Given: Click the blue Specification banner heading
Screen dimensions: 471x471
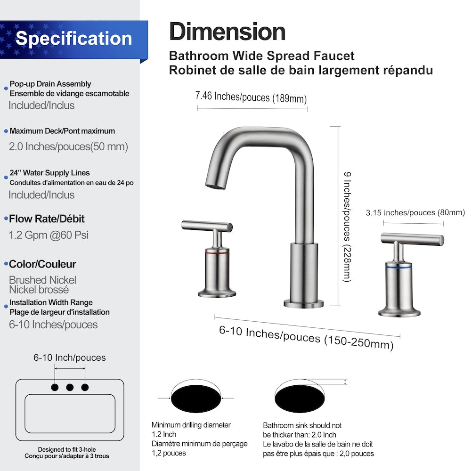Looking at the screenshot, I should click(73, 39).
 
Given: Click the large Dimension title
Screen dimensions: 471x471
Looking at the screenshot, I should click(227, 32).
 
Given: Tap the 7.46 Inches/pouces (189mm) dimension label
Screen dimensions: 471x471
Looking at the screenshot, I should click(251, 97).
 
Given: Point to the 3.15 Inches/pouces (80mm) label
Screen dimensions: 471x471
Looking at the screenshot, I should click(415, 213).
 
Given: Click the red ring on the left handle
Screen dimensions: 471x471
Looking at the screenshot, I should click(217, 253).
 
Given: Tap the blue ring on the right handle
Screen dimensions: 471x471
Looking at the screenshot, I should click(398, 267).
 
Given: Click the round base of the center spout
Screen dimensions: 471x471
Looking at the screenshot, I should click(304, 303).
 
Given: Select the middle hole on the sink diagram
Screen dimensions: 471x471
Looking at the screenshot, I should click(70, 387).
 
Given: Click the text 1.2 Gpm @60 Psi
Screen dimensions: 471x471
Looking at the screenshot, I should click(49, 235).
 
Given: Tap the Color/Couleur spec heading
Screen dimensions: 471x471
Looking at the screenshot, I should click(42, 264).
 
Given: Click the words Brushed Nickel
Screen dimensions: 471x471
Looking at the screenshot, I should click(42, 280).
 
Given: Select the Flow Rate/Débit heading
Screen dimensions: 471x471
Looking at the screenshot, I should click(47, 219).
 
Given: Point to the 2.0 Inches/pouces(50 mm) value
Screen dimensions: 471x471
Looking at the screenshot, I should click(68, 146).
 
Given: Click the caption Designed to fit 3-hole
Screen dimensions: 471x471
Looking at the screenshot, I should click(67, 450).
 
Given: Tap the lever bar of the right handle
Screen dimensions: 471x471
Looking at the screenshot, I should click(412, 239).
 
